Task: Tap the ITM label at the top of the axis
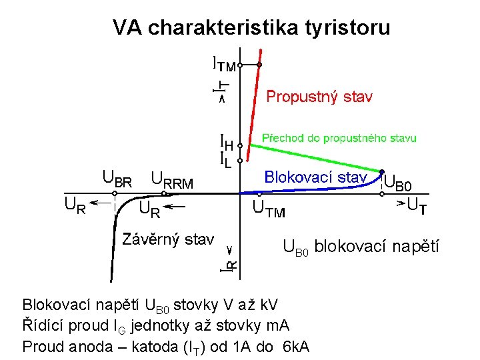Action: tap(224, 65)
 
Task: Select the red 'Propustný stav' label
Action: tap(319, 97)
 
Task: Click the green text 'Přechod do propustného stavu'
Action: tap(339, 139)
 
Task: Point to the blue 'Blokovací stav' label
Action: tap(315, 177)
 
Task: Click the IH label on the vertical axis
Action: tap(227, 142)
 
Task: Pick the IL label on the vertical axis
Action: tap(226, 159)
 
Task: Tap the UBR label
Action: tap(117, 178)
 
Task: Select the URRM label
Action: tap(173, 179)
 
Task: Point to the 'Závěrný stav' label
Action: tap(168, 239)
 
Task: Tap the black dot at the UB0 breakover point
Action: tap(382, 171)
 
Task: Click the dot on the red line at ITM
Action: tap(260, 65)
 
